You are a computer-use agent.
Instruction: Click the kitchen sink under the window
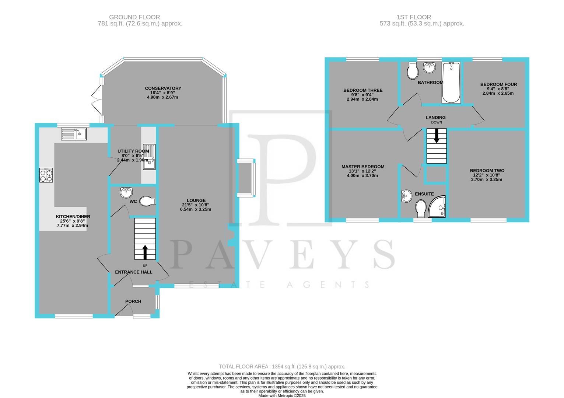74,134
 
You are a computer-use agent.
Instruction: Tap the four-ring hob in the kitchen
46,175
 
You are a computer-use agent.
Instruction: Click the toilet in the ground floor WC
148,201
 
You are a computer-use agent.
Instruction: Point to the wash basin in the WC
126,192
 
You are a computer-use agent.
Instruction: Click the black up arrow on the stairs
145,252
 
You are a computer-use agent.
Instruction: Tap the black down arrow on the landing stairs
437,136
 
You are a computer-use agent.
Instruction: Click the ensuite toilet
420,208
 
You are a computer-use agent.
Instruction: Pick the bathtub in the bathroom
451,83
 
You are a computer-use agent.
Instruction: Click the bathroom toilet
412,70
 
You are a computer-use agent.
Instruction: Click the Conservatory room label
163,88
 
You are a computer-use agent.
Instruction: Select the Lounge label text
196,200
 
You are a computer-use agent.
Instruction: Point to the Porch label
133,301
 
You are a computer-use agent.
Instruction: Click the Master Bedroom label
362,167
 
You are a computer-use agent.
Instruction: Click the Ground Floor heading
134,17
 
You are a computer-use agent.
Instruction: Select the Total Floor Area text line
282,367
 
